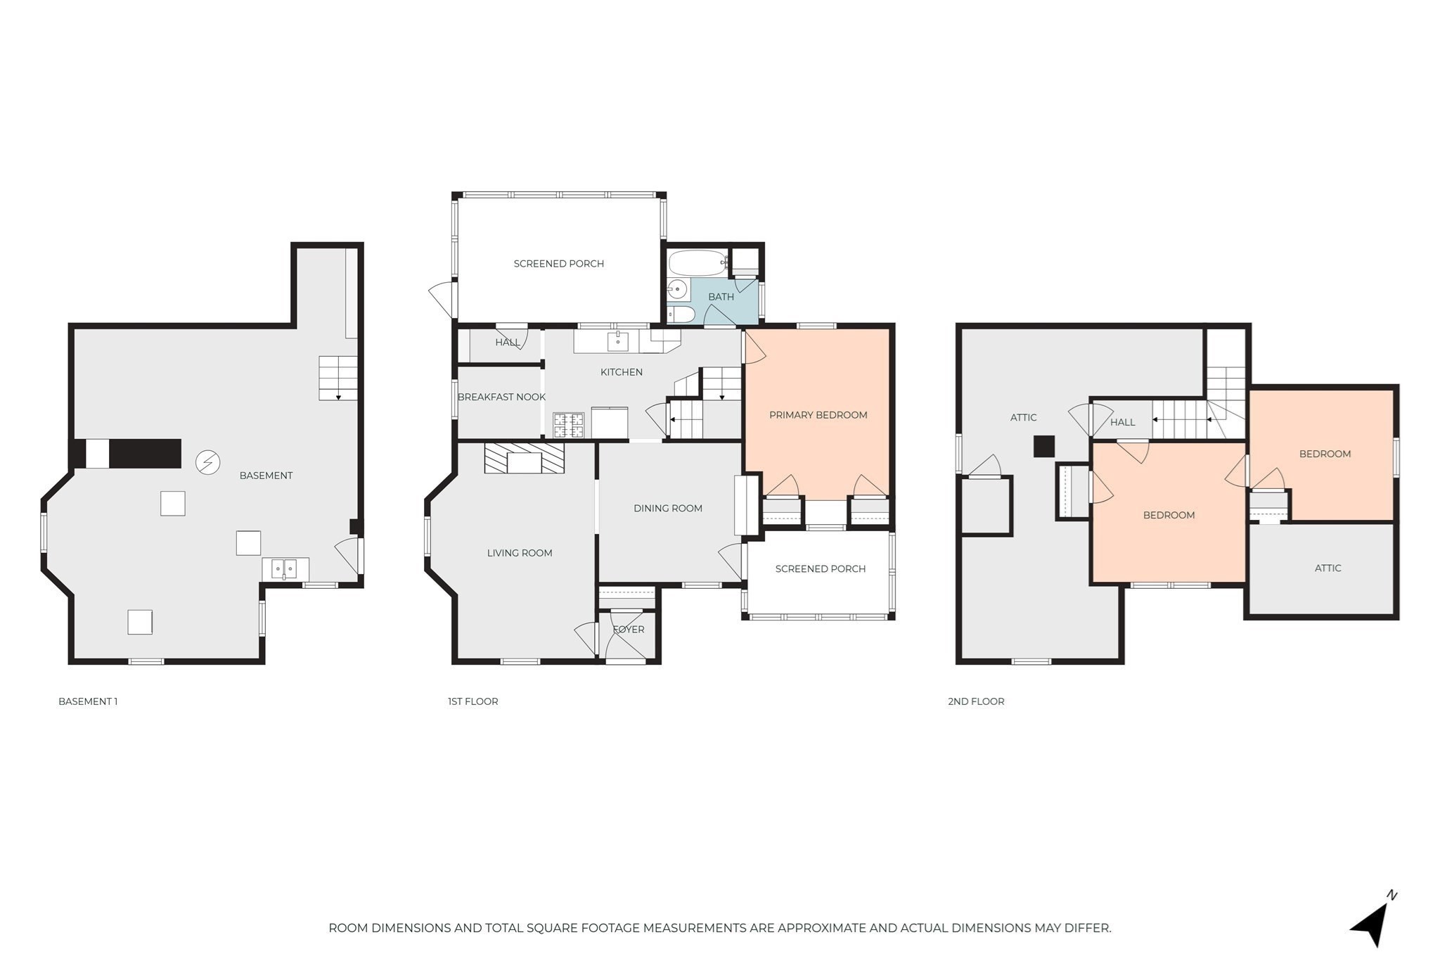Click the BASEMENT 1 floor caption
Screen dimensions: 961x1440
pyautogui.click(x=88, y=701)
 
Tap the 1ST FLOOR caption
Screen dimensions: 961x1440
pyautogui.click(x=472, y=701)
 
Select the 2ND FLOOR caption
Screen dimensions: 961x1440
pyautogui.click(x=976, y=701)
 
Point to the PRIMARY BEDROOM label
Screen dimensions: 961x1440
pyautogui.click(x=818, y=415)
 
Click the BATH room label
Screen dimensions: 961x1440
pyautogui.click(x=721, y=297)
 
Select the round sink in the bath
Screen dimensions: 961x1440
pyautogui.click(x=677, y=288)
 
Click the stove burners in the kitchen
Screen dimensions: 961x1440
pyautogui.click(x=568, y=425)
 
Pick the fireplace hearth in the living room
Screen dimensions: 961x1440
pyautogui.click(x=524, y=458)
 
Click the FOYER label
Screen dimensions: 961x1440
pyautogui.click(x=628, y=630)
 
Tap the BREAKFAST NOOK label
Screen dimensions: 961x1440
pyautogui.click(x=501, y=397)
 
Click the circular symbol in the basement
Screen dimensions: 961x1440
pyautogui.click(x=207, y=462)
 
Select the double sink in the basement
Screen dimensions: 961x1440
pyautogui.click(x=285, y=568)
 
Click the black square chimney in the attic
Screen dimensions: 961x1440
pyautogui.click(x=1043, y=446)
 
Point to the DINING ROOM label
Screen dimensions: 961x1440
pyautogui.click(x=667, y=509)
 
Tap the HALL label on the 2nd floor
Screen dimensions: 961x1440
pyautogui.click(x=1122, y=422)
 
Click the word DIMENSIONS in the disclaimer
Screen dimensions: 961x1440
pyautogui.click(x=411, y=928)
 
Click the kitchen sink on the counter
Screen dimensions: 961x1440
pyautogui.click(x=617, y=341)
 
